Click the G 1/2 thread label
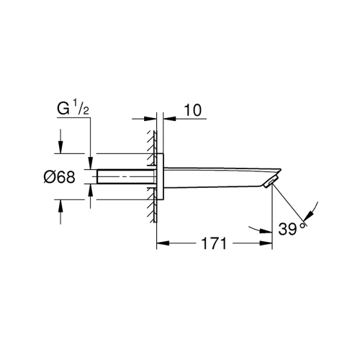point(73,110)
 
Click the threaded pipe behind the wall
point(122,176)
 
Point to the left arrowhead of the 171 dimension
point(161,244)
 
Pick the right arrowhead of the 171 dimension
point(268,244)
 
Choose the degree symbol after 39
point(304,224)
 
